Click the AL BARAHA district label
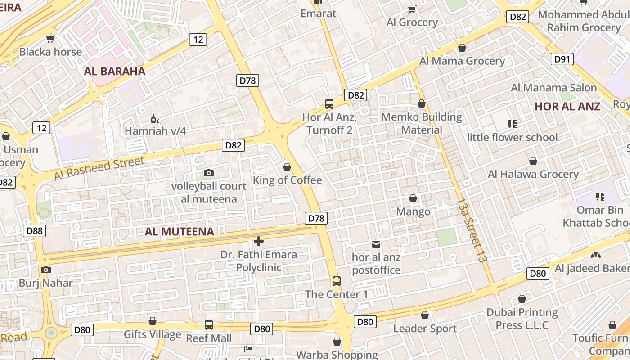(x=115, y=72)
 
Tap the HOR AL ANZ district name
(x=567, y=107)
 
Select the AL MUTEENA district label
(x=179, y=232)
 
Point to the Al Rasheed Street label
(x=99, y=168)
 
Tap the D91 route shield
(x=562, y=59)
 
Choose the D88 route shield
(x=35, y=231)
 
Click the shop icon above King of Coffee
(x=287, y=167)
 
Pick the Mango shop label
(x=413, y=211)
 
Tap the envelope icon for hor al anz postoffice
(x=376, y=244)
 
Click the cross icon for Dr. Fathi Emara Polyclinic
(x=259, y=241)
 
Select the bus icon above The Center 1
(x=336, y=281)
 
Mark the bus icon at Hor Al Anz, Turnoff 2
(x=329, y=104)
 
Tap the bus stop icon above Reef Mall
(x=209, y=324)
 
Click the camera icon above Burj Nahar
(x=45, y=270)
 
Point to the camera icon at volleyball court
(x=208, y=173)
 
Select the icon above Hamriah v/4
(x=155, y=119)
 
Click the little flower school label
(x=512, y=137)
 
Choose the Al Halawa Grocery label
(x=533, y=174)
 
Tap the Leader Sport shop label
(x=425, y=328)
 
